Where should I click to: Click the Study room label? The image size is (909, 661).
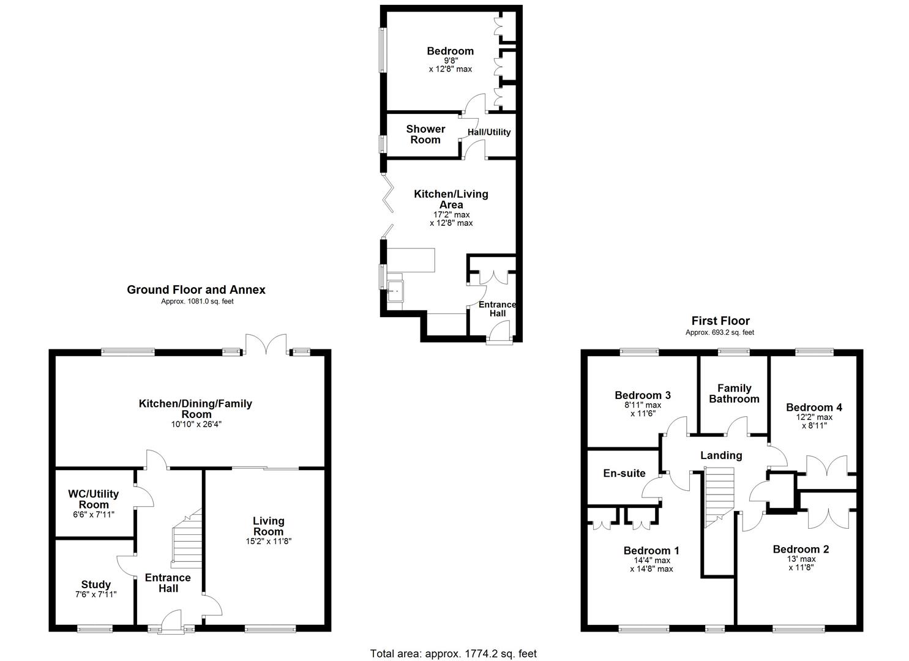click(96, 584)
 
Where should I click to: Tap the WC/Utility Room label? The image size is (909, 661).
click(94, 499)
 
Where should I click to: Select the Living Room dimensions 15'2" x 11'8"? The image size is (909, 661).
click(269, 542)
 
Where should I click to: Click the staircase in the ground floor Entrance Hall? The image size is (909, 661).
click(187, 539)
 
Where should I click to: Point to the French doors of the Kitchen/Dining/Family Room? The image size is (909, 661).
click(266, 344)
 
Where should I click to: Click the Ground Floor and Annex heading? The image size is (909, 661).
click(196, 290)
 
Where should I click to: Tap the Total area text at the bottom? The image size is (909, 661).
click(453, 654)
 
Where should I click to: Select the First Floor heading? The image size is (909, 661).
click(720, 321)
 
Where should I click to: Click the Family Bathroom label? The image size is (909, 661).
click(734, 394)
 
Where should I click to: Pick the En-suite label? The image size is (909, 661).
click(624, 473)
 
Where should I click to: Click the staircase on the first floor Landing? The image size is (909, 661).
click(719, 496)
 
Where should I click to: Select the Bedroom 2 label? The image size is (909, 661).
click(801, 549)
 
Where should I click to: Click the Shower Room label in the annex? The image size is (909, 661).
click(425, 134)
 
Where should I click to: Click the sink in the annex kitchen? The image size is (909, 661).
click(395, 291)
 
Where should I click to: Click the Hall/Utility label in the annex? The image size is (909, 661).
click(489, 132)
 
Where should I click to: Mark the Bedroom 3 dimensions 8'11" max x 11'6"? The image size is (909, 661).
click(642, 409)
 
